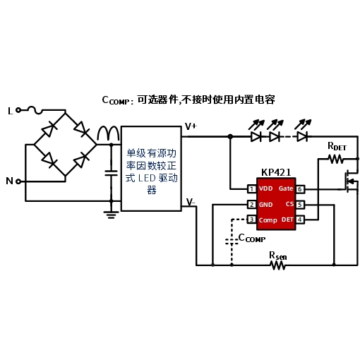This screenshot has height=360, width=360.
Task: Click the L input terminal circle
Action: pos(18,110)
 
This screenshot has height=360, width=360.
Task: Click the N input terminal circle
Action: pos(18,181)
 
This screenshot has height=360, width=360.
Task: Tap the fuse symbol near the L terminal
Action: pos(35,110)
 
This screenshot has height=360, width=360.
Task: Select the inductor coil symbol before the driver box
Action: pos(108,133)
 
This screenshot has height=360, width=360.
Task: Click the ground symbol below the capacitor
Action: pos(111,215)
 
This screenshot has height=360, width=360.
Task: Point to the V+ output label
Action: pos(191,126)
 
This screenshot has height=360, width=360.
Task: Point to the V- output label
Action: pos(191,202)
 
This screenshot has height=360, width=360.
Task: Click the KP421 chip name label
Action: pos(276,172)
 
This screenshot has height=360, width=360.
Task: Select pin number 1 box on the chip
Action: pos(252,188)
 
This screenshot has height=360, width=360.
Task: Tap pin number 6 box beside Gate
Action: pos(300,189)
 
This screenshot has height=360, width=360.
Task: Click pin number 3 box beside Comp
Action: pos(252,220)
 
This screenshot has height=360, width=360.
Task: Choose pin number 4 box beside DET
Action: pos(300,220)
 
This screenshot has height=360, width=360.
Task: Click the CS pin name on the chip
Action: pos(289,204)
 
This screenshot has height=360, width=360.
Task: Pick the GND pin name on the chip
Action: pos(265,205)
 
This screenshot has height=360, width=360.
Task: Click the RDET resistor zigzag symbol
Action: pos(336,159)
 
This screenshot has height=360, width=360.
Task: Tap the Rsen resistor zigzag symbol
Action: pos(278,265)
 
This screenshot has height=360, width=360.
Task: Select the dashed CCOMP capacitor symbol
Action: pos(232,241)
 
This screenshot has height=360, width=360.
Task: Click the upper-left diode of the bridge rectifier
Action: pos(49,129)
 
